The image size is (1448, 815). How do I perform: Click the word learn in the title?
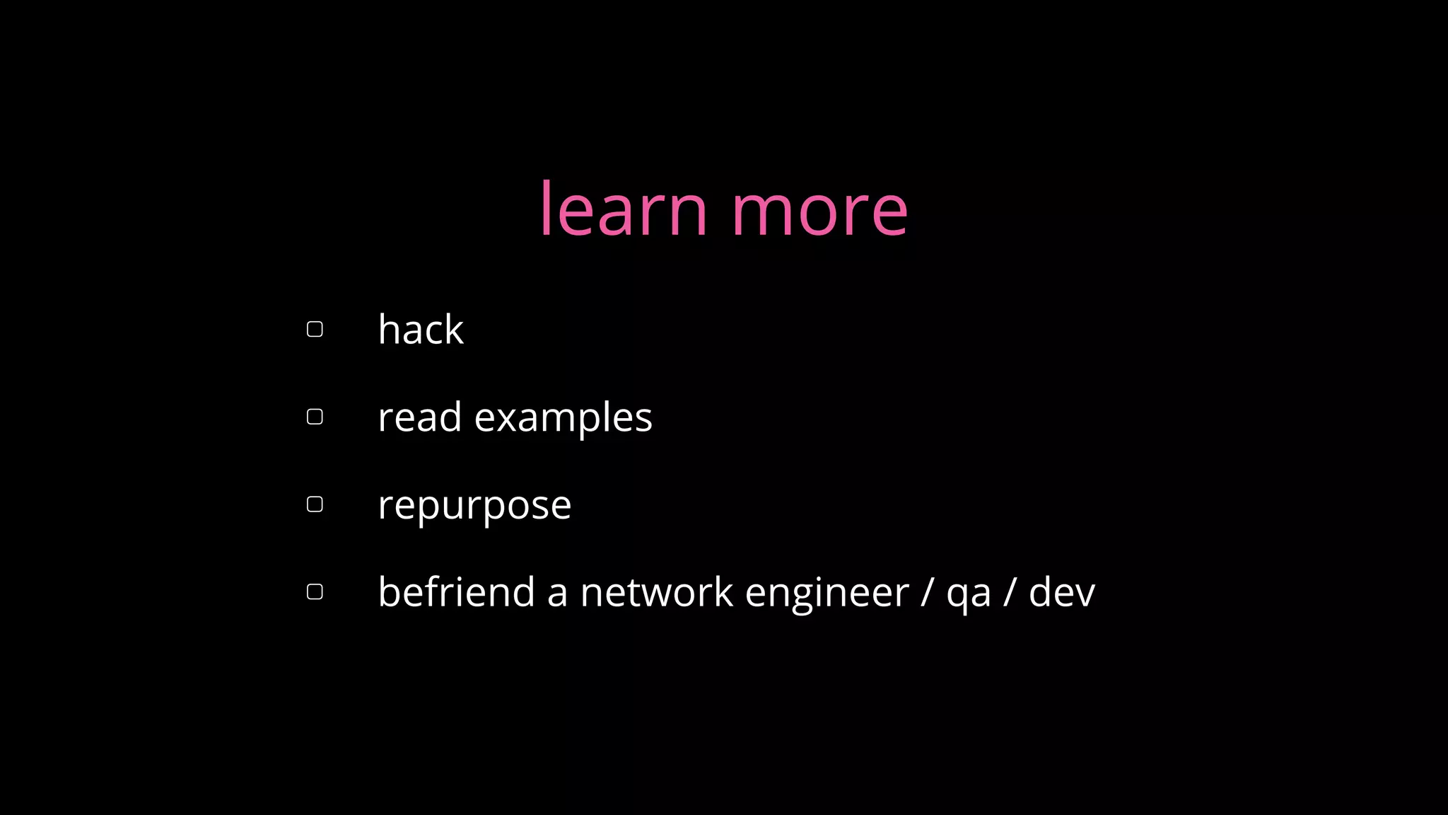click(623, 209)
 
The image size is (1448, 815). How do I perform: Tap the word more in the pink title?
click(819, 211)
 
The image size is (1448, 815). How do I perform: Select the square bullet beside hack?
click(315, 329)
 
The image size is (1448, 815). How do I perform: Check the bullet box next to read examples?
click(315, 417)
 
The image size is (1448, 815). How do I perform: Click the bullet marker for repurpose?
click(315, 504)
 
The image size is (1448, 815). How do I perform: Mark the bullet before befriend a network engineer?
click(315, 591)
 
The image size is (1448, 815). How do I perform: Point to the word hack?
click(421, 330)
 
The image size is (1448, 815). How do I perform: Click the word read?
click(419, 417)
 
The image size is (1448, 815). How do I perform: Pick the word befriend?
click(456, 592)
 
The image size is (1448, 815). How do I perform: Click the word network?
click(656, 592)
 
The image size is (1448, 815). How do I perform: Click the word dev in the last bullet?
click(1061, 592)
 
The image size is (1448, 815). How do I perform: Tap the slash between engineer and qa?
click(927, 592)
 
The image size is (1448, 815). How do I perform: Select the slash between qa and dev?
click(1009, 592)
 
